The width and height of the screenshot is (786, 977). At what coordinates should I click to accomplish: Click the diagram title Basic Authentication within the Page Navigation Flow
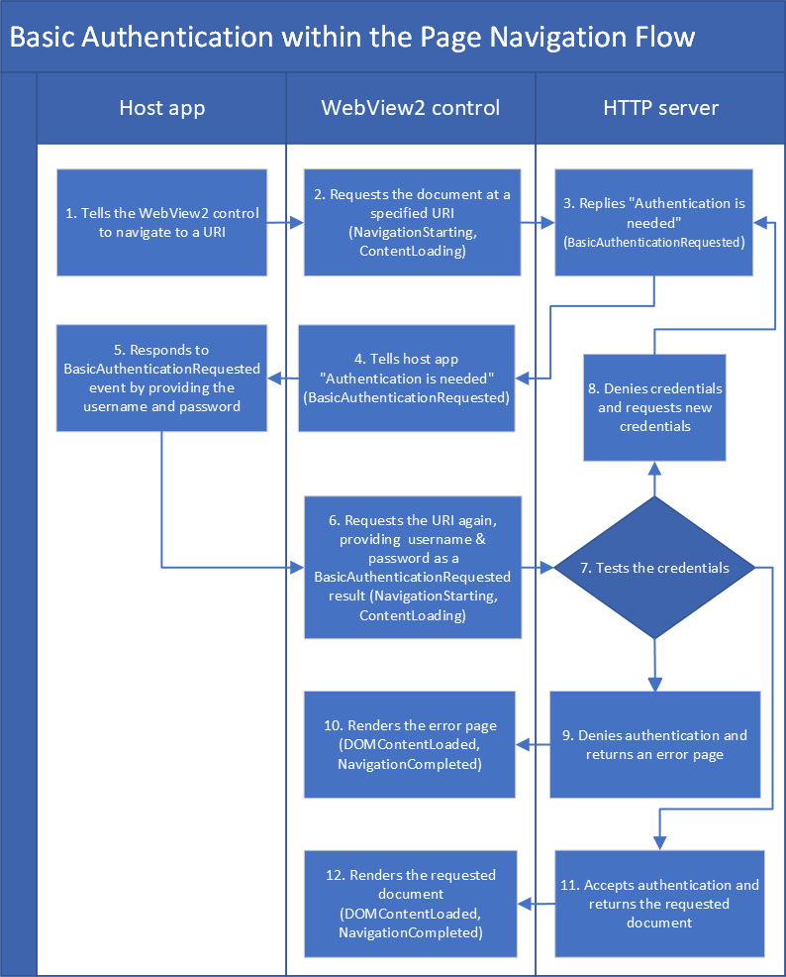[x=352, y=38]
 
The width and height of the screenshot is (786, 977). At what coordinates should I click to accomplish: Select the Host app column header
[x=161, y=108]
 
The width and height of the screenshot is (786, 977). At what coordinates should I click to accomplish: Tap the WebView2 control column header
[x=410, y=108]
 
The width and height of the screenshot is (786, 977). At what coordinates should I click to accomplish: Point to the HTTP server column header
[x=660, y=108]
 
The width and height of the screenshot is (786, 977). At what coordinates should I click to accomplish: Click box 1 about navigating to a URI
[x=161, y=223]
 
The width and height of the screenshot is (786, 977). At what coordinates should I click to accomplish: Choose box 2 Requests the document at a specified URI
[x=411, y=223]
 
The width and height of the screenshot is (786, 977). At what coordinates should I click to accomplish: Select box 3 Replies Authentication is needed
[x=654, y=223]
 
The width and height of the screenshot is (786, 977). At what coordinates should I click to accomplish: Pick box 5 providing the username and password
[x=161, y=378]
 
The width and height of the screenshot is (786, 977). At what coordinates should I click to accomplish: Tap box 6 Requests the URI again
[x=412, y=568]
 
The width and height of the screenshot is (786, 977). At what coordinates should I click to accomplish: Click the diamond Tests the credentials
[x=654, y=568]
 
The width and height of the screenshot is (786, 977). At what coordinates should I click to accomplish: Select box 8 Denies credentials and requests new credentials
[x=654, y=407]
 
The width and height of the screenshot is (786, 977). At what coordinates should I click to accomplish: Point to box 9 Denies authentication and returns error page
[x=654, y=744]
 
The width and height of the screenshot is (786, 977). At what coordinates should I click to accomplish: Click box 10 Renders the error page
[x=410, y=744]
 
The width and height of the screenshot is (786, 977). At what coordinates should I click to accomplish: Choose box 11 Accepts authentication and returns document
[x=659, y=903]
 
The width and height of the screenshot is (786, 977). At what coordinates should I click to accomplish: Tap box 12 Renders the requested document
[x=410, y=903]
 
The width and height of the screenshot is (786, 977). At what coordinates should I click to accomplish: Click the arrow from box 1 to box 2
[x=285, y=224]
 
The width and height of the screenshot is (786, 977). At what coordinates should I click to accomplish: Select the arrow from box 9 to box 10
[x=533, y=744]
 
